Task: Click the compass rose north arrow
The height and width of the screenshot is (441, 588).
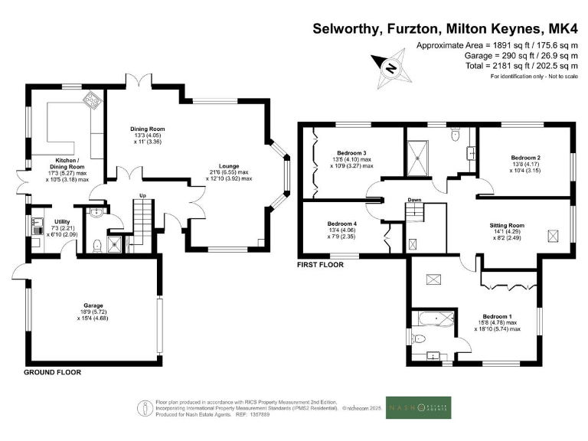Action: (x=390, y=67)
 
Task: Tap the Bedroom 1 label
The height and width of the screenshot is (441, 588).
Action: (x=497, y=316)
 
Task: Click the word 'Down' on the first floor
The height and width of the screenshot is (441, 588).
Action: (x=413, y=201)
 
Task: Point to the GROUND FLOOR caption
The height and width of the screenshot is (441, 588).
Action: (x=52, y=372)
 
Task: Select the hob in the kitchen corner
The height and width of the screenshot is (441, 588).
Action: (x=92, y=99)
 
